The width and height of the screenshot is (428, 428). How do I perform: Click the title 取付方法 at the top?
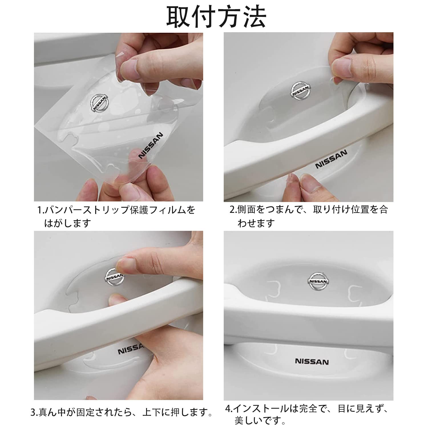point(216,17)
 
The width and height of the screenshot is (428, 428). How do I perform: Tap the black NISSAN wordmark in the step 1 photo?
point(150,145)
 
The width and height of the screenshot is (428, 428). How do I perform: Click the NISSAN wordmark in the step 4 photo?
point(312,362)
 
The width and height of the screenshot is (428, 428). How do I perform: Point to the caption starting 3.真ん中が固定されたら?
point(122,412)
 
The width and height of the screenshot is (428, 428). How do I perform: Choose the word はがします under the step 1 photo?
point(67,223)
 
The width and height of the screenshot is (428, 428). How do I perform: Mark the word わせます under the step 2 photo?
point(256,223)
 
